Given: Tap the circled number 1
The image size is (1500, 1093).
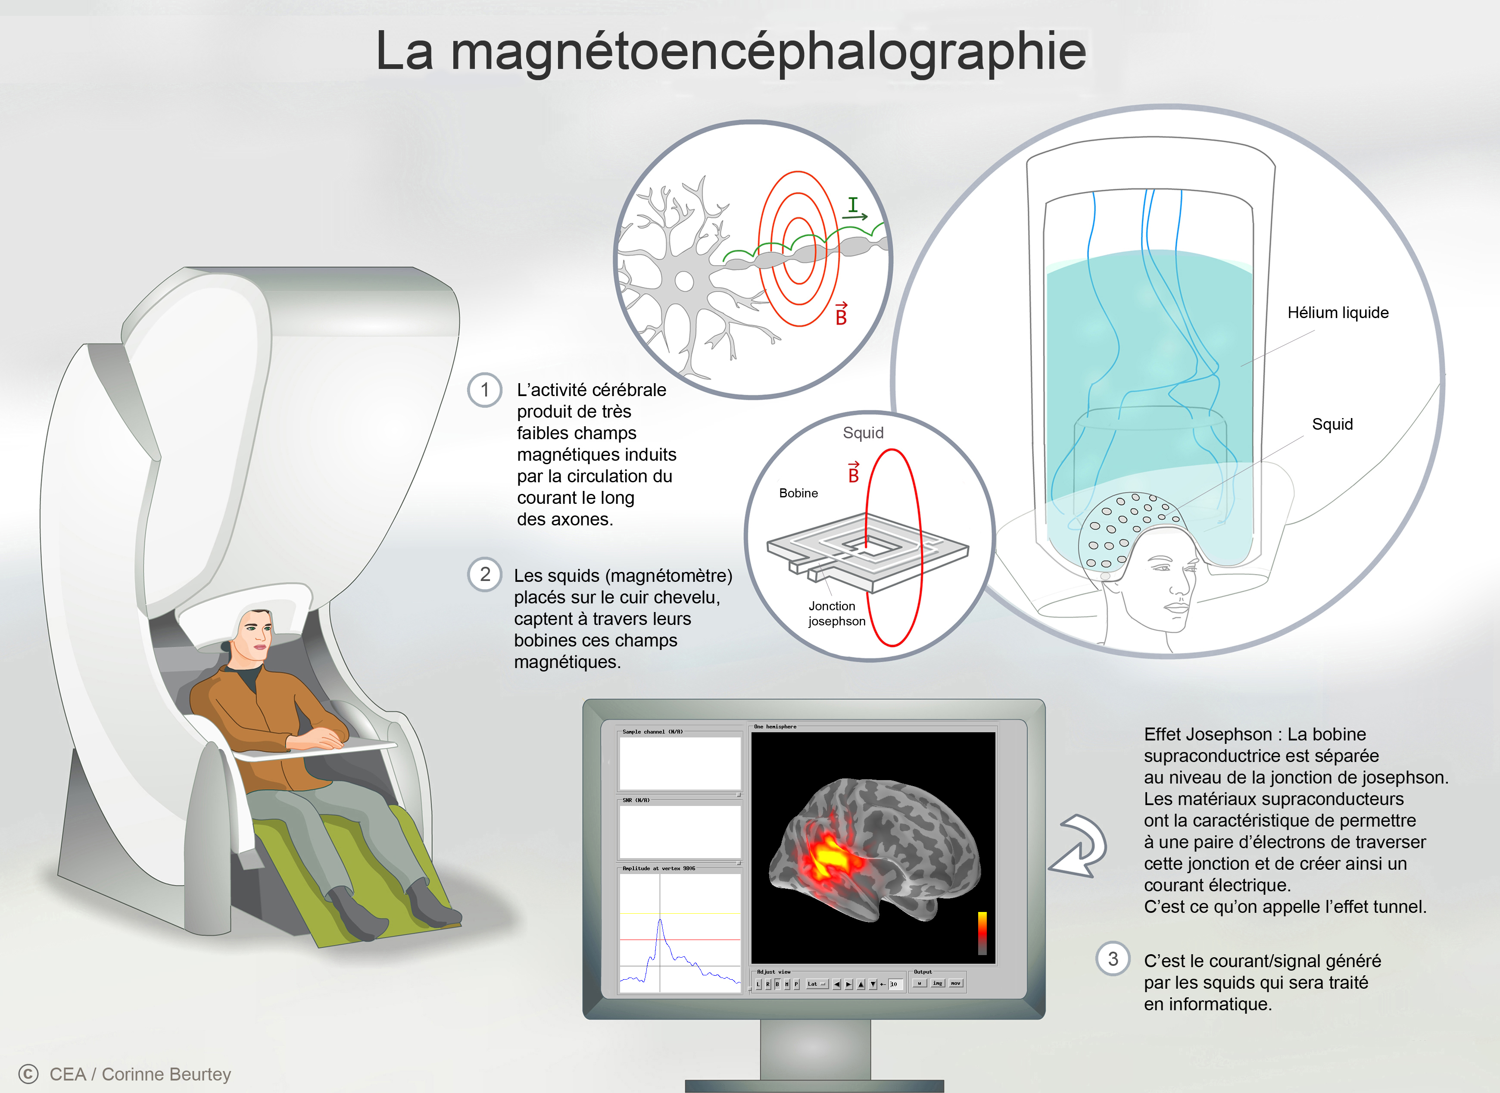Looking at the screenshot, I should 485,390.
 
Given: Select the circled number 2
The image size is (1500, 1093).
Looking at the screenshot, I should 485,574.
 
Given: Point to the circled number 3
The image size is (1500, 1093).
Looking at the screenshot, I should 1113,959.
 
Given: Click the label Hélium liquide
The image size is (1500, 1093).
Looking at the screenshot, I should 1337,313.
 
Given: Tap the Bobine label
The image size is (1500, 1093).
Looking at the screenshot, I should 798,493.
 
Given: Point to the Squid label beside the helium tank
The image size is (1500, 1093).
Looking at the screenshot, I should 1332,424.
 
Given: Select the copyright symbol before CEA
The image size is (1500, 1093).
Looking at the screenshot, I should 28,1073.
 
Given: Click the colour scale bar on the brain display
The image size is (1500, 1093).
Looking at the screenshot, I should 982,933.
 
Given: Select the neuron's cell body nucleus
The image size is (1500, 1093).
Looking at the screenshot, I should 684,281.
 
